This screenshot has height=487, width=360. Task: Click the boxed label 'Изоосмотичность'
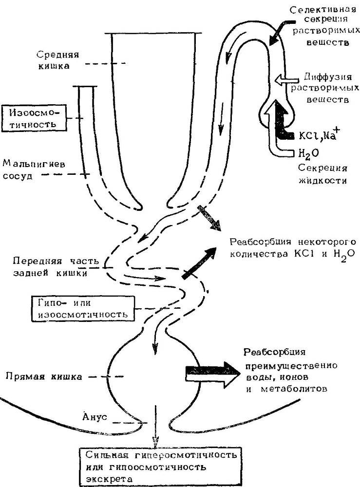click(x=34, y=118)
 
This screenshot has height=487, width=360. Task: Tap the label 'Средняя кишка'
click(x=58, y=60)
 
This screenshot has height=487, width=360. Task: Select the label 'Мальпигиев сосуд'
click(x=34, y=169)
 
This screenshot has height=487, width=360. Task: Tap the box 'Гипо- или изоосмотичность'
click(x=84, y=308)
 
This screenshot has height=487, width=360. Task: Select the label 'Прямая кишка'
click(x=44, y=376)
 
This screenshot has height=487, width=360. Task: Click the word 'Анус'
click(x=95, y=416)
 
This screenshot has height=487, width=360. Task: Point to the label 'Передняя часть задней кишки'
click(x=56, y=267)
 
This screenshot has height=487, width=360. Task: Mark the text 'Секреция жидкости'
click(x=322, y=174)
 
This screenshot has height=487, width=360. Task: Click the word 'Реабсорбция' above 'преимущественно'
click(x=274, y=352)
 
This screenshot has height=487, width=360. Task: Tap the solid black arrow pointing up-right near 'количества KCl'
click(x=199, y=263)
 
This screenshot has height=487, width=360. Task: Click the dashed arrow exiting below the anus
click(x=155, y=426)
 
